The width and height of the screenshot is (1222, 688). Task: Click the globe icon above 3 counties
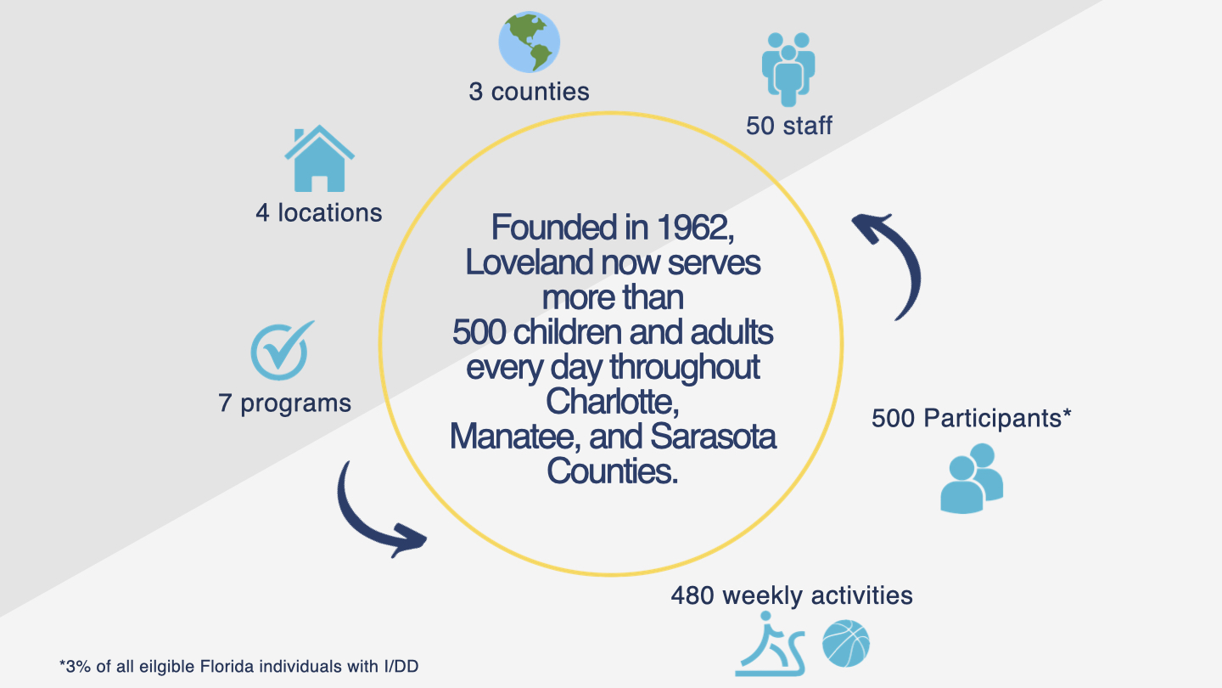[x=530, y=42]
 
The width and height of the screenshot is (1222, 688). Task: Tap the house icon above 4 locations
[x=320, y=158]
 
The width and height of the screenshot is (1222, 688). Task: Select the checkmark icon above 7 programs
[x=282, y=351]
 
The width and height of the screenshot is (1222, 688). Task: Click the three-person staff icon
[x=788, y=70]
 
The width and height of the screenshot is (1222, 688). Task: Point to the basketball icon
[x=846, y=643]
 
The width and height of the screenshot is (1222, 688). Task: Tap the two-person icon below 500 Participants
[x=972, y=478]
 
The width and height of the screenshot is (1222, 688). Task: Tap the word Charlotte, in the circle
[x=613, y=402]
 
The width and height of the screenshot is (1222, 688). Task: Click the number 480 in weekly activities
[x=692, y=595]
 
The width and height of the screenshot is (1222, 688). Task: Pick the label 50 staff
[x=789, y=126]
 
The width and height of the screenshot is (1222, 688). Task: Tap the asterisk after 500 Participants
[x=1067, y=414]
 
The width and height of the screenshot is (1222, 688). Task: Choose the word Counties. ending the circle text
[x=613, y=471]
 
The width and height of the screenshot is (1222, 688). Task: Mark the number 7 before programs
[x=225, y=403]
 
